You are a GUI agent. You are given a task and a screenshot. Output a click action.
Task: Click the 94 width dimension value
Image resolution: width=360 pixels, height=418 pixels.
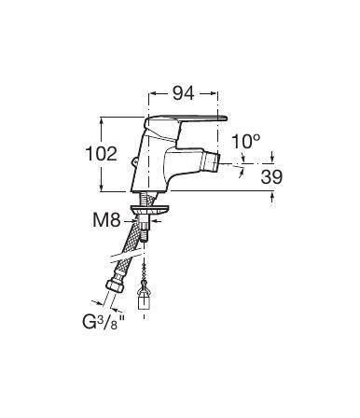tap(184, 93)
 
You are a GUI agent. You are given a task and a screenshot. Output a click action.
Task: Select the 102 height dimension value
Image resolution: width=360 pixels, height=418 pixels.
tap(102, 154)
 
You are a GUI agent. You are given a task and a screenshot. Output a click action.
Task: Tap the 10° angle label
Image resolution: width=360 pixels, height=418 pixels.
tap(245, 142)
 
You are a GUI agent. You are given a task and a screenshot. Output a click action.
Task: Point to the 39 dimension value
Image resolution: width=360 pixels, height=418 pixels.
tap(271, 176)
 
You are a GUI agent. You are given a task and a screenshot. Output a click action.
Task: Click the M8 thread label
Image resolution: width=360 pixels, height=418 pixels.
tap(106, 220)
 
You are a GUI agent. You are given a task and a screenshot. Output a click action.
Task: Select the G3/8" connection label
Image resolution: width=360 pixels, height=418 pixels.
tap(101, 323)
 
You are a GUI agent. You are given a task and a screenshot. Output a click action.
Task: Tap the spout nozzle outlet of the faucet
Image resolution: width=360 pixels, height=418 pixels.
tap(211, 161)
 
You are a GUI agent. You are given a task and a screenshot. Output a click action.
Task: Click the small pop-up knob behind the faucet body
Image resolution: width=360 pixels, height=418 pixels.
tap(134, 161)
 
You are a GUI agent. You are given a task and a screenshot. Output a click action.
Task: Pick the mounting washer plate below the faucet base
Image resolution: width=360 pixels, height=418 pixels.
tap(150, 210)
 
